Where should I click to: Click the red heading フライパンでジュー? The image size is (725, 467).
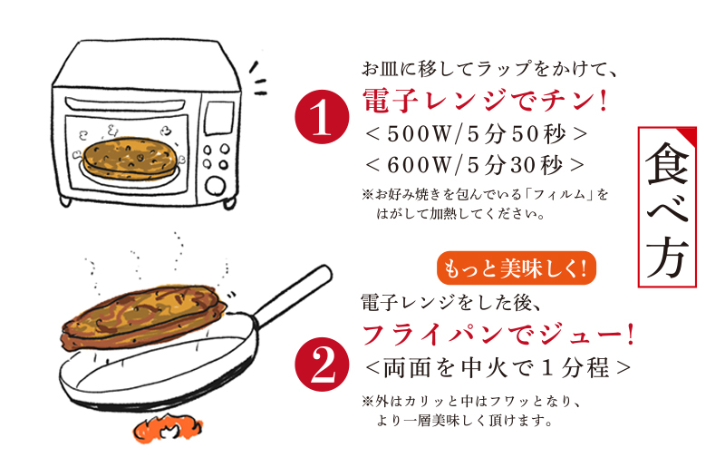[x=497, y=335]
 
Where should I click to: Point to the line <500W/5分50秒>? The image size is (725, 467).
[x=477, y=133]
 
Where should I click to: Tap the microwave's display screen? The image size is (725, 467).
[x=218, y=117]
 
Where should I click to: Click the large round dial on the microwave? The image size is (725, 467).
[x=215, y=186]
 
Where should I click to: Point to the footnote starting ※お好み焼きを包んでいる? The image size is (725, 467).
[x=485, y=205]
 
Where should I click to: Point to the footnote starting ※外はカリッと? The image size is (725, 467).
[x=476, y=411]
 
